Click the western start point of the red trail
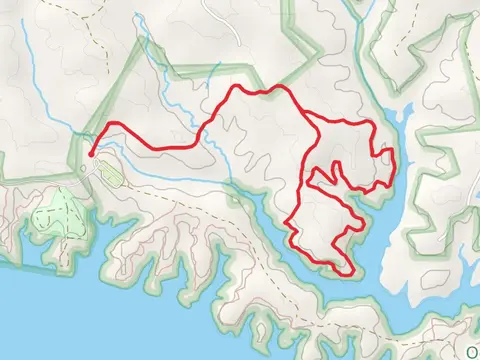[x=92, y=153]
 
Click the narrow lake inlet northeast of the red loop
[x=400, y=120]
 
